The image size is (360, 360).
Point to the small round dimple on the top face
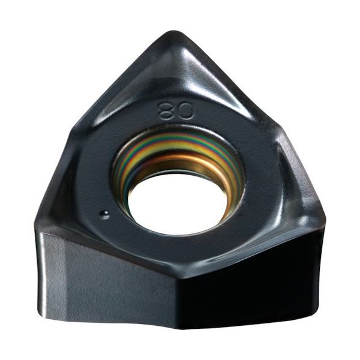(x=104, y=214)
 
